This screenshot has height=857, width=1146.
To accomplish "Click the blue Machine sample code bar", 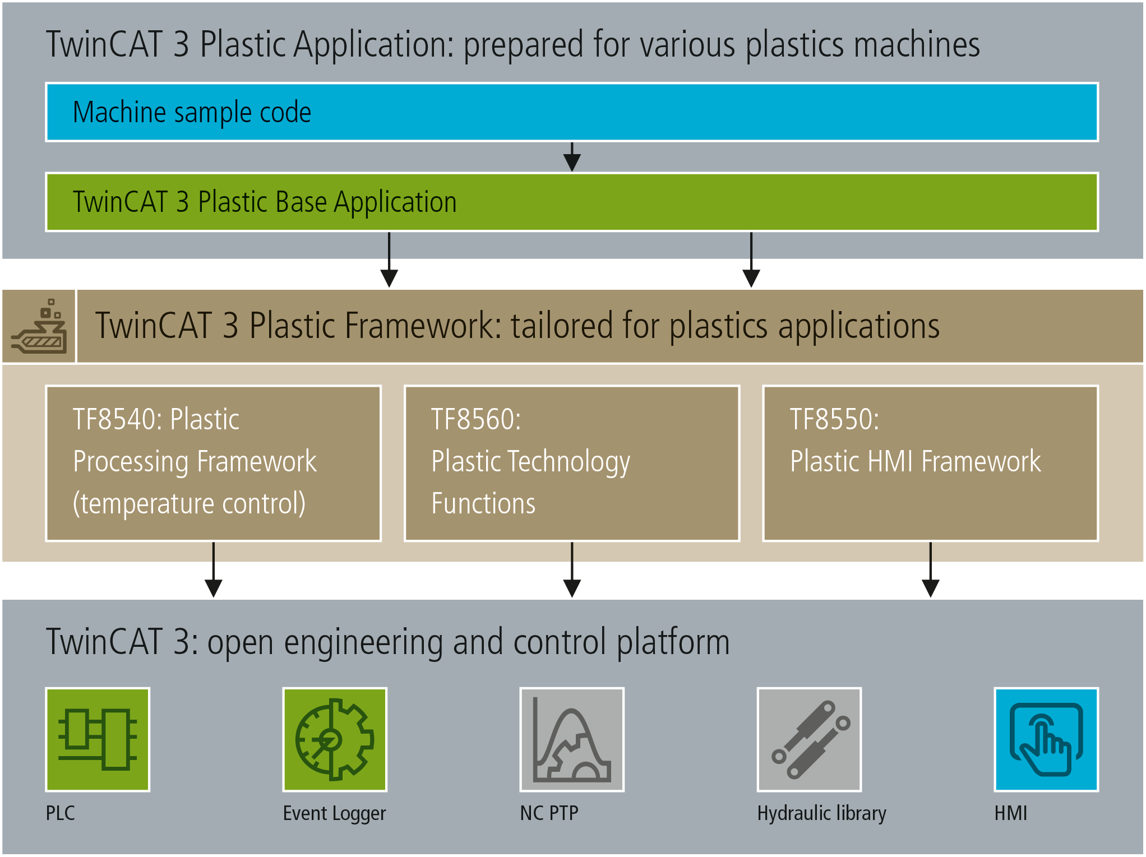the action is (x=572, y=112).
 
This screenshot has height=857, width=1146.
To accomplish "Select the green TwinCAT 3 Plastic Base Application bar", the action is (x=572, y=202).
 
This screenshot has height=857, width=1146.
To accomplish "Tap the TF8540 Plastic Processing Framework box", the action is (x=214, y=463).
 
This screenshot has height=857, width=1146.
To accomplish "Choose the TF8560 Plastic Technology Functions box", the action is (x=572, y=463).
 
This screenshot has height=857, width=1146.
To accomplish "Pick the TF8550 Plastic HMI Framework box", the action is (x=931, y=463).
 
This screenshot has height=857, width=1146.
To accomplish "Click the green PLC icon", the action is (x=98, y=739).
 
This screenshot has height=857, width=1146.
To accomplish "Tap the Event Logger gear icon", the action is (x=335, y=739).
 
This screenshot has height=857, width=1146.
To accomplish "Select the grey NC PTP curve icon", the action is (x=572, y=739).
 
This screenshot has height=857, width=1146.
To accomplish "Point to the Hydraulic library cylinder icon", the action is (x=809, y=739).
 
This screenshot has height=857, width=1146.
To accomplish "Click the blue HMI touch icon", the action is (x=1046, y=739).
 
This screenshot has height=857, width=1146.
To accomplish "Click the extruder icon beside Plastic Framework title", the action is (x=39, y=326).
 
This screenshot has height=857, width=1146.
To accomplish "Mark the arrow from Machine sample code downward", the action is (x=572, y=157).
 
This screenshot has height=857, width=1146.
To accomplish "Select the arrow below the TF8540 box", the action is (x=214, y=569).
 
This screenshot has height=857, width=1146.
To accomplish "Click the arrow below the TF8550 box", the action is (x=931, y=569).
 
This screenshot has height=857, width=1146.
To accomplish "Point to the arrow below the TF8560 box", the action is (x=572, y=569).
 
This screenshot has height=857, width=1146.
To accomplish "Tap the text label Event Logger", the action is (x=334, y=814).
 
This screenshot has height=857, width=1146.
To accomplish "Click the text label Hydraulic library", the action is (x=821, y=814).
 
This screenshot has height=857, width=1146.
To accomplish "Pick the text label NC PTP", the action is (x=549, y=813).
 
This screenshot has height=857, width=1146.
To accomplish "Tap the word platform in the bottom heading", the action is (x=673, y=643).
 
